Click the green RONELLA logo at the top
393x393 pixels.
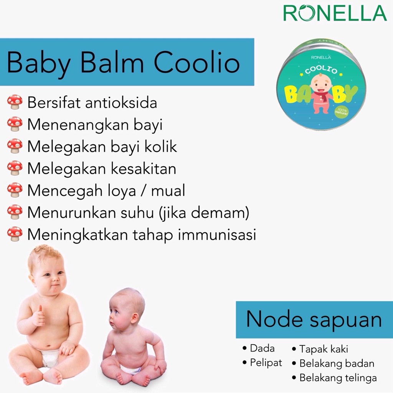[335, 13]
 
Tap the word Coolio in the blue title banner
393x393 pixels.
[197, 63]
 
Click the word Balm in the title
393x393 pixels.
[112, 63]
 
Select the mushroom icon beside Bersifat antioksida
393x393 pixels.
[15, 102]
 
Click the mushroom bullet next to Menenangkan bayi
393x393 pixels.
[15, 124]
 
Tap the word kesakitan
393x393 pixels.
[144, 168]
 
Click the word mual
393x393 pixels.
[168, 190]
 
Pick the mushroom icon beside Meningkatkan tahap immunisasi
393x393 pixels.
[15, 234]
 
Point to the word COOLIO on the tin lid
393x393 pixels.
[321, 70]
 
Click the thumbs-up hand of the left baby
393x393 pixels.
[39, 316]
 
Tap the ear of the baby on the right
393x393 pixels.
[134, 318]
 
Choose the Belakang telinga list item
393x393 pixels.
[334, 378]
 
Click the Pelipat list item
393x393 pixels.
[263, 363]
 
